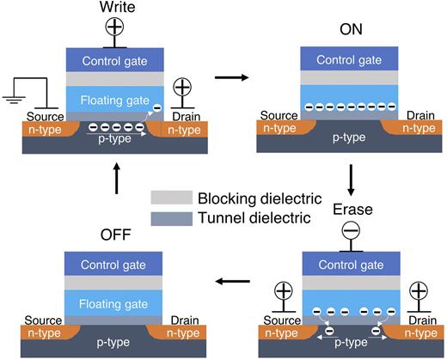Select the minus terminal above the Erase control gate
click(x=349, y=231)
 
